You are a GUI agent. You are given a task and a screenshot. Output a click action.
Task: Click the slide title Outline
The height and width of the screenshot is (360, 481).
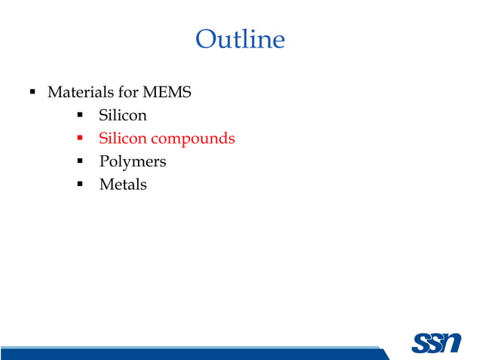coord(240,38)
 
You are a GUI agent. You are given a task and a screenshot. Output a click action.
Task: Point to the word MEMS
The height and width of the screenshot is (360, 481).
coord(169,93)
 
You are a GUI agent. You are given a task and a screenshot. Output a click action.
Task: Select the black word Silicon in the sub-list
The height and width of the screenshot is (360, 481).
coord(122,116)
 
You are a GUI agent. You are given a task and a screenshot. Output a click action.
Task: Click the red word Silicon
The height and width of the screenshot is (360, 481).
coord(122,139)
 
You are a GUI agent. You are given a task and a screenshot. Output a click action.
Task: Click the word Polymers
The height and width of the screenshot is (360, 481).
coord(133,161)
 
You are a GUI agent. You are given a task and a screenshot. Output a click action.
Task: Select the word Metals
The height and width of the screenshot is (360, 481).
coord(123,184)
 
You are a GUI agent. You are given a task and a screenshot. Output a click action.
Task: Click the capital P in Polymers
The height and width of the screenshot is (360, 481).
coord(104,161)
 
